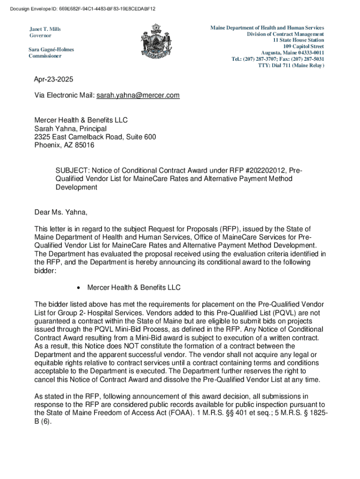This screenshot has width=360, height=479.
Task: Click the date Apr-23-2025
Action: pyautogui.click(x=54, y=80)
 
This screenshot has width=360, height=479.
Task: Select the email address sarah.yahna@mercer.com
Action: pyautogui.click(x=138, y=95)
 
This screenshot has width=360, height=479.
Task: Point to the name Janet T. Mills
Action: pyautogui.click(x=45, y=29)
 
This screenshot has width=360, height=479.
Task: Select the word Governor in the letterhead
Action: pyautogui.click(x=41, y=36)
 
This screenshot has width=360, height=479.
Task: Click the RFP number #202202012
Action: pyautogui.click(x=264, y=170)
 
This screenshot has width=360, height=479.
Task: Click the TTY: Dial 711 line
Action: pyautogui.click(x=291, y=65)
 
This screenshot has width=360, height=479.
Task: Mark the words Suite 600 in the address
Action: pyautogui.click(x=136, y=137)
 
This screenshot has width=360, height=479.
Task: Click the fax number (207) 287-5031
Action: pyautogui.click(x=307, y=59)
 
